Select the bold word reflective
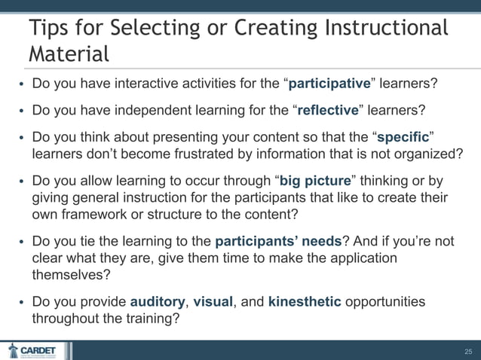(x=328, y=111)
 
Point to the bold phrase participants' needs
(x=278, y=242)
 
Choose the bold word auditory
(x=158, y=301)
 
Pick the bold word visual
(x=213, y=301)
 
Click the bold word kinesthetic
(x=305, y=301)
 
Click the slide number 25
(x=467, y=351)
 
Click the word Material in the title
(x=68, y=54)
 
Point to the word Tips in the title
(x=51, y=28)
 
